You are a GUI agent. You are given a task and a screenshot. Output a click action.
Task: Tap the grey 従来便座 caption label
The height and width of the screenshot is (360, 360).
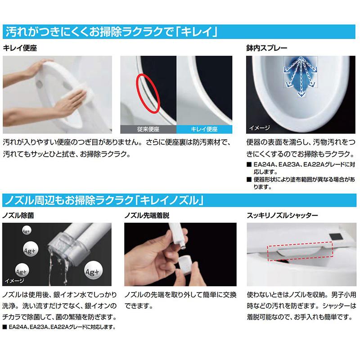[148, 129]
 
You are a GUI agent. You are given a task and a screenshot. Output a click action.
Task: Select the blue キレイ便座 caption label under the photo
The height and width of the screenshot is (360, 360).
[204, 129]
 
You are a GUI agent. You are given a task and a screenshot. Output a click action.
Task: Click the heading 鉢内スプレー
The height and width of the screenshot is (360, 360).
[266, 48]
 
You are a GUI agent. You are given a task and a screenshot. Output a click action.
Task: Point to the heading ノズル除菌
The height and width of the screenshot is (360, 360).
[18, 216]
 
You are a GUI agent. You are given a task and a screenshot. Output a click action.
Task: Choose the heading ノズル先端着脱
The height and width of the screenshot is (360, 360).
[147, 216]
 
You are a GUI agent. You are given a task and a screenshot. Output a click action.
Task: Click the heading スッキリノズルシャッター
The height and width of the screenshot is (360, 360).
[283, 216]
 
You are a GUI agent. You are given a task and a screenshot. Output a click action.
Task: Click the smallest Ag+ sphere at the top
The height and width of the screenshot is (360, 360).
[27, 231]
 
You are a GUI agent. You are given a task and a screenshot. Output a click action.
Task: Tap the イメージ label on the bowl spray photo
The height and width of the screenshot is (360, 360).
[260, 128]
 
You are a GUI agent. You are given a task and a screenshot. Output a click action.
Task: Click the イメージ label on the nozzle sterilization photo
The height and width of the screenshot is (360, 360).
[14, 280]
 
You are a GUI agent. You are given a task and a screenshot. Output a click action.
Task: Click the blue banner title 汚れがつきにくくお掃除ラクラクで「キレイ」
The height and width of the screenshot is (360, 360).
[111, 31]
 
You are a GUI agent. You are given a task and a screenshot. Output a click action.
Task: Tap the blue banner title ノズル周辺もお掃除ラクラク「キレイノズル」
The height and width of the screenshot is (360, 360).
[104, 200]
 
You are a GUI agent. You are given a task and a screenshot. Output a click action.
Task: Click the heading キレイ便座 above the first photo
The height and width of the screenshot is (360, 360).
[20, 48]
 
